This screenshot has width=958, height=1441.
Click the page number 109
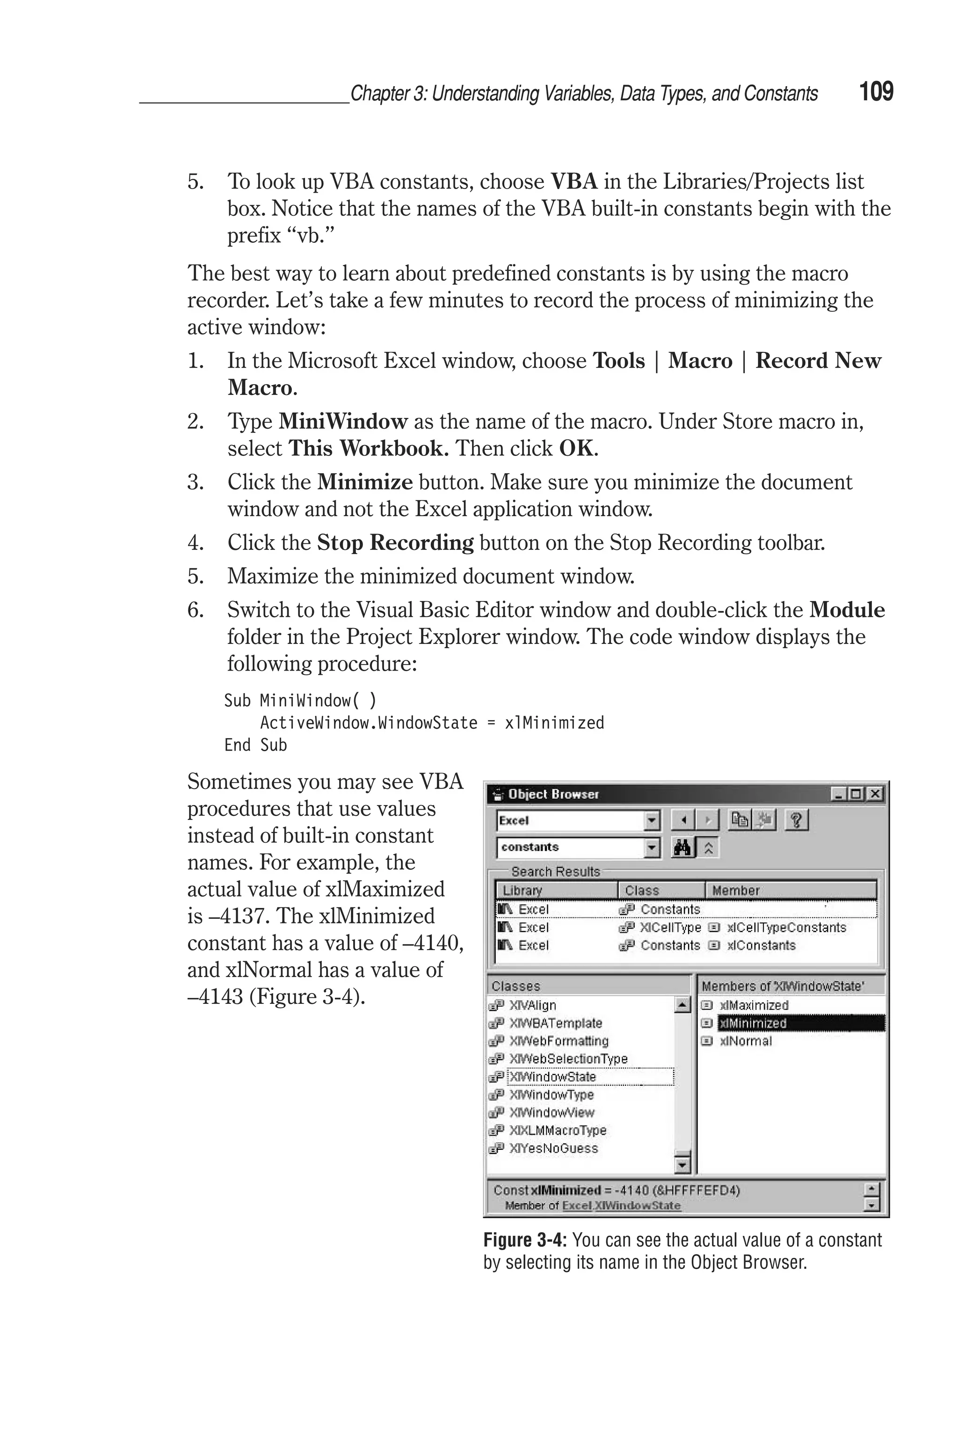point(876,92)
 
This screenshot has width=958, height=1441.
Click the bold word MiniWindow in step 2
point(343,422)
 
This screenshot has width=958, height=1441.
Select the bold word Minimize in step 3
point(365,482)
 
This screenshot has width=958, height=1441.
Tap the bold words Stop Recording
point(395,543)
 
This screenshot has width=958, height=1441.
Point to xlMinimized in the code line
point(554,723)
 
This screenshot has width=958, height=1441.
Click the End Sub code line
point(255,745)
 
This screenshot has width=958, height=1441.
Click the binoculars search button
point(682,848)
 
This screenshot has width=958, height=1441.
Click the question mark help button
point(796,820)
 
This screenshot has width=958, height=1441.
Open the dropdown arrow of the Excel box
point(653,820)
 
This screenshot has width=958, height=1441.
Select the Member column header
point(736,891)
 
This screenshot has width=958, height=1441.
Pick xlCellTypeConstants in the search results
point(786,928)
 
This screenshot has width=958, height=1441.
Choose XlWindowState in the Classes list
point(553,1077)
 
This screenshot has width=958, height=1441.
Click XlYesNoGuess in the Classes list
point(553,1148)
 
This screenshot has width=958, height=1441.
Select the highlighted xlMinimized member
point(753,1023)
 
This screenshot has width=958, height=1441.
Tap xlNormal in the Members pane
point(745,1041)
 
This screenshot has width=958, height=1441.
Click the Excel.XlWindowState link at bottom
point(621,1206)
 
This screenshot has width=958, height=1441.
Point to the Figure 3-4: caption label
point(525,1240)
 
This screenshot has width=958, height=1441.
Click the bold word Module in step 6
point(847,610)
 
